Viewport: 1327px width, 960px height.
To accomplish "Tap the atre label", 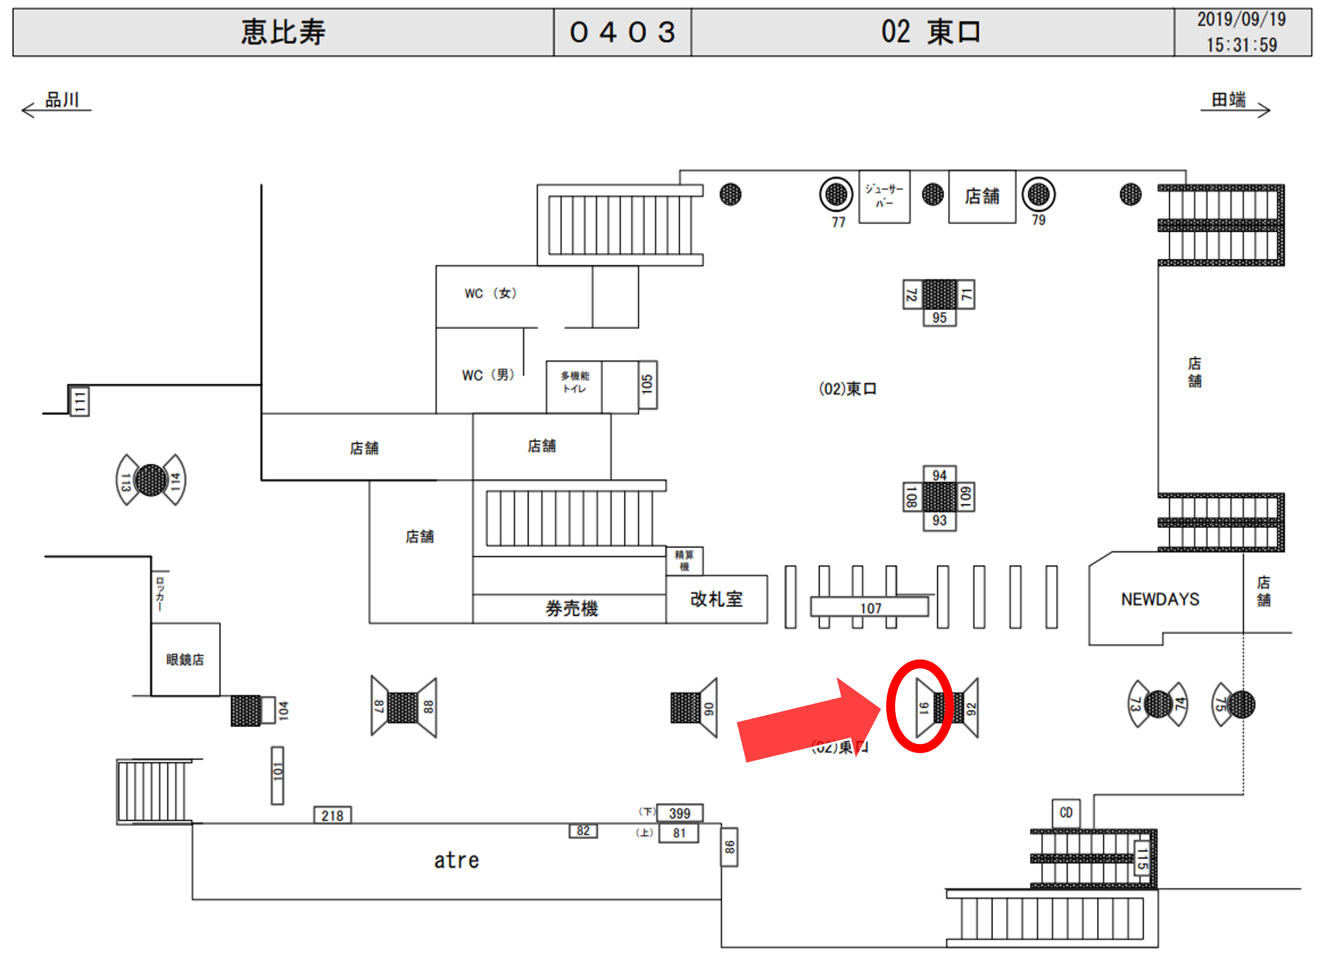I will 456,861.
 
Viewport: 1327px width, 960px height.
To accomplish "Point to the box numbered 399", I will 679,813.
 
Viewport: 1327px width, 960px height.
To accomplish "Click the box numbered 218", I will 332,816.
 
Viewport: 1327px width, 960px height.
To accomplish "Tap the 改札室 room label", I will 716,599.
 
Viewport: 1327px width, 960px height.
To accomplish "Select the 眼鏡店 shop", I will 185,660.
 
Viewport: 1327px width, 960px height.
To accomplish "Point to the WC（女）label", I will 490,293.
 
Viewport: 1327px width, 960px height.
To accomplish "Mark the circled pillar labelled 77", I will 836,194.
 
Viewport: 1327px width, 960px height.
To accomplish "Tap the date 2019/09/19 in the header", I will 1241,19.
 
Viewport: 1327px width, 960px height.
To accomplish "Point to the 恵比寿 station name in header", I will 283,31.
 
